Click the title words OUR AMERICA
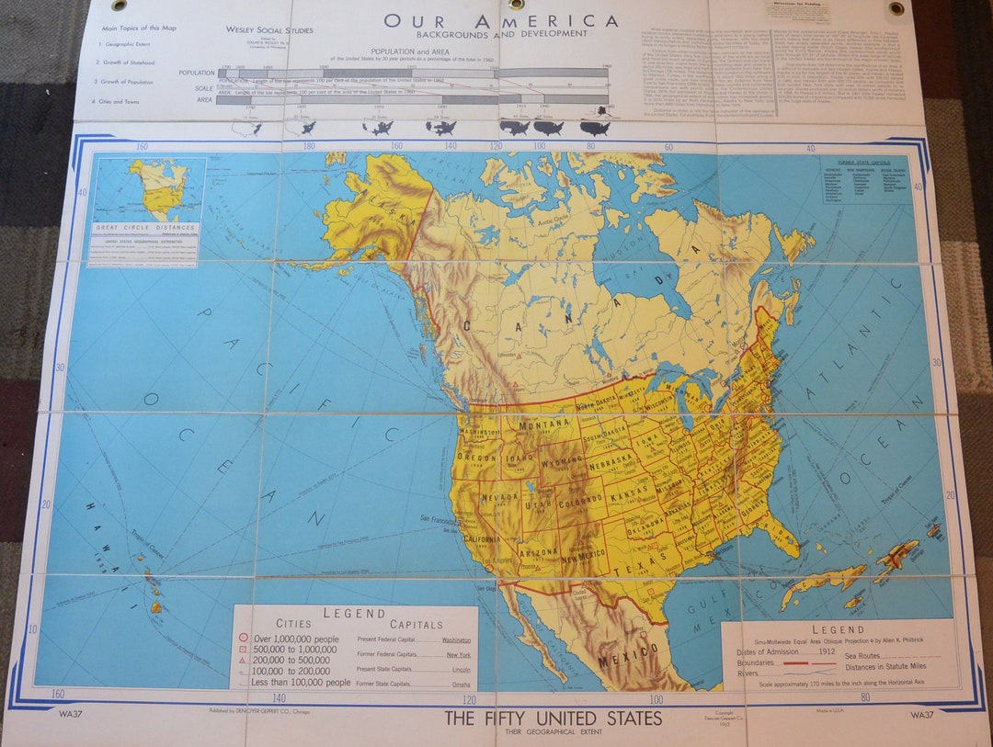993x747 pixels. click(500, 20)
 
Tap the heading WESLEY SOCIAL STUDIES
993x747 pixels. click(269, 30)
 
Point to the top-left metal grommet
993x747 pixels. click(120, 6)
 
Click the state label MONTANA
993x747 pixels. click(544, 425)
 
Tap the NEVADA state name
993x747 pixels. click(500, 498)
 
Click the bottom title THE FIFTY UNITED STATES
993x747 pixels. click(553, 718)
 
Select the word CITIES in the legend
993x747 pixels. click(294, 624)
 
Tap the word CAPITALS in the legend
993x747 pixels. click(417, 624)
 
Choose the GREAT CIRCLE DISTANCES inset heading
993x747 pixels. click(145, 227)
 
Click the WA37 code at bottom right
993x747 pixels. click(922, 714)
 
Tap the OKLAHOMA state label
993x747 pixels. click(646, 527)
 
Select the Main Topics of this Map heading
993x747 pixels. click(139, 28)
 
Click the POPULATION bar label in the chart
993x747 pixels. click(197, 73)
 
